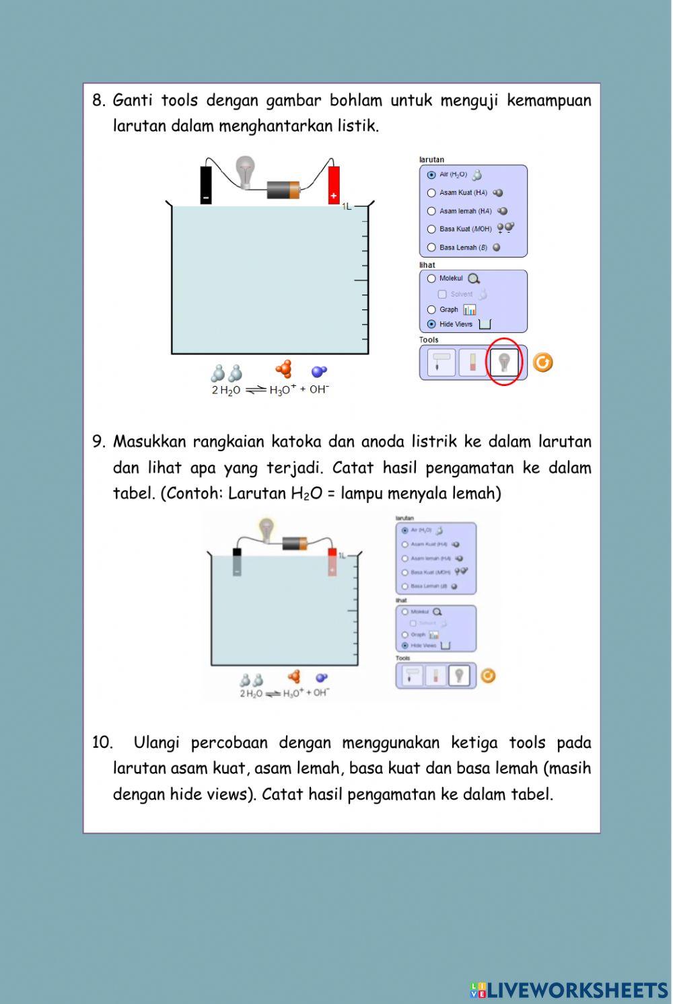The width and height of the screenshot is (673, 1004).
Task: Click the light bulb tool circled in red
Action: [x=504, y=362]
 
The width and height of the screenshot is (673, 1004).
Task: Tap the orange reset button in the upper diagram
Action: [x=542, y=362]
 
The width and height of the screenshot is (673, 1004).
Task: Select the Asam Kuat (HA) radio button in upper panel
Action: [x=432, y=193]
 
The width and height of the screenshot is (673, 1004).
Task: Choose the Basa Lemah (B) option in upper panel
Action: [x=432, y=247]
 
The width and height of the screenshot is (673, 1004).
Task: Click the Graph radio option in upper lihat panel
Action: [x=432, y=310]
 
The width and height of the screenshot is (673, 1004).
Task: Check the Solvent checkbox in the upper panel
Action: [x=442, y=295]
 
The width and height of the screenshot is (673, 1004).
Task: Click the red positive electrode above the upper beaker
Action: [x=334, y=185]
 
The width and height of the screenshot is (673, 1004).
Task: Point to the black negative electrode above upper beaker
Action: [x=206, y=185]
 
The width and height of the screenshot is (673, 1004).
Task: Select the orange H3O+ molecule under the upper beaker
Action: [x=285, y=370]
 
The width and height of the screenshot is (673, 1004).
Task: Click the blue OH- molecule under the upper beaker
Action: [x=319, y=371]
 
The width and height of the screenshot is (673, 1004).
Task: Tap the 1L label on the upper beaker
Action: [x=347, y=206]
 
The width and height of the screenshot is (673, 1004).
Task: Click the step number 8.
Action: [x=99, y=101]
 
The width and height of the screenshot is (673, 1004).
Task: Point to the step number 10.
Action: [x=102, y=743]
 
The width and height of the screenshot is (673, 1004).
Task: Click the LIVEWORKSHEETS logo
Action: [x=569, y=990]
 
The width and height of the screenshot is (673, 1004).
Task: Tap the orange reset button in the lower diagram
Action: [x=488, y=676]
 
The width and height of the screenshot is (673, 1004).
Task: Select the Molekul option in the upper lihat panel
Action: [x=432, y=278]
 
